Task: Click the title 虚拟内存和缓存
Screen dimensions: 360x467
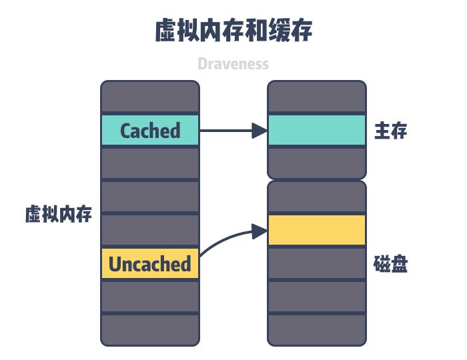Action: tap(233, 31)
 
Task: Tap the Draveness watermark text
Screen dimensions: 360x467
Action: tap(233, 64)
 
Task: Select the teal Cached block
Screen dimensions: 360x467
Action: tap(150, 131)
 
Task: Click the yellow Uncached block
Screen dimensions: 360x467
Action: tap(150, 264)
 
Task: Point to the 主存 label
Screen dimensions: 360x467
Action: tap(390, 131)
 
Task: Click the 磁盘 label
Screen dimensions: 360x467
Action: tap(390, 265)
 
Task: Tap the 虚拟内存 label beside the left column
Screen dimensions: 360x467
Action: tap(59, 215)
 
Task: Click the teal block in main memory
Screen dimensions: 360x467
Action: tap(317, 131)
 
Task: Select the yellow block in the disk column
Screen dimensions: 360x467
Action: tap(317, 230)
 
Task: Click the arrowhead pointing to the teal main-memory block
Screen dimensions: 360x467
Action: tap(260, 131)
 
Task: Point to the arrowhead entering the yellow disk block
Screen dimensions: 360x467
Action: tap(260, 231)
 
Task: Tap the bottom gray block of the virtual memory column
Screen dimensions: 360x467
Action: tap(150, 330)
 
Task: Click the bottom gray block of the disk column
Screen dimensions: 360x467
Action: tap(317, 330)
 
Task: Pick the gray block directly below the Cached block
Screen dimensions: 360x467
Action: tap(150, 163)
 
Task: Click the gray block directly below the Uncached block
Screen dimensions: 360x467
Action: tap(150, 297)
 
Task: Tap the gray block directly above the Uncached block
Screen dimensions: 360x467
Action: tap(150, 230)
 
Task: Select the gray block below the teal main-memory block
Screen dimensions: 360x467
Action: tap(317, 163)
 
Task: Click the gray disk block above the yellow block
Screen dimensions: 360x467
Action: tap(317, 197)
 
